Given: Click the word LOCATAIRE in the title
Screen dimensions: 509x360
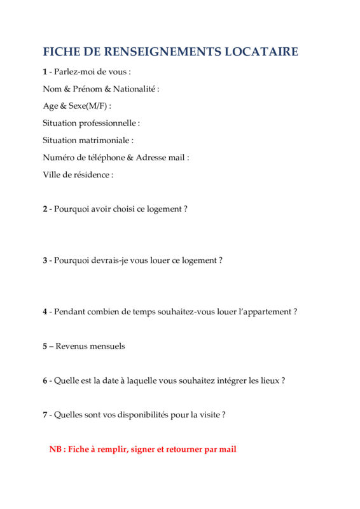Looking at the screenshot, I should (x=261, y=52).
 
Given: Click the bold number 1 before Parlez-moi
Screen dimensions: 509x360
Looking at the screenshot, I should (x=45, y=72).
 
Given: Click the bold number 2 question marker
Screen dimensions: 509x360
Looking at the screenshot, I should (x=45, y=209).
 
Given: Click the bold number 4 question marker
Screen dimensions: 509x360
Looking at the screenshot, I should (x=45, y=312).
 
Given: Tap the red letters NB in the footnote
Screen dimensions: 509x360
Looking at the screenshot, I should (x=55, y=449).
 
